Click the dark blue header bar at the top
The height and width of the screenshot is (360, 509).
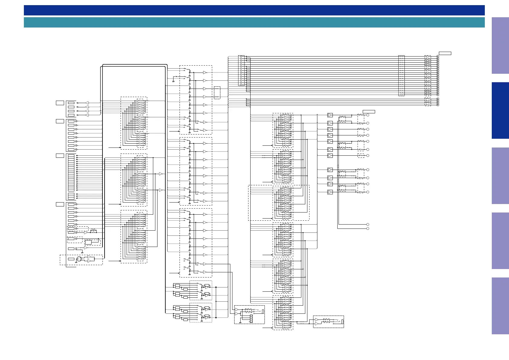coord(254,10)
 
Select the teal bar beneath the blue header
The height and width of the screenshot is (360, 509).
coord(254,22)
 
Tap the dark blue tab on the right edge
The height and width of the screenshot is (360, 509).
coord(500,111)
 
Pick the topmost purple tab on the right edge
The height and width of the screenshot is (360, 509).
coord(500,45)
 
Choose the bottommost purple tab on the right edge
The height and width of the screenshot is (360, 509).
coord(500,306)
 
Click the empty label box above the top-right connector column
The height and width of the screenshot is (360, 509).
coord(445,54)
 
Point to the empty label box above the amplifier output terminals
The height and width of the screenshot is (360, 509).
coord(369,112)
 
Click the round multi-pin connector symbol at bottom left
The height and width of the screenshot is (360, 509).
coord(79,259)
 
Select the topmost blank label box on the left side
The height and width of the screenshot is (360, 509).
coord(60,103)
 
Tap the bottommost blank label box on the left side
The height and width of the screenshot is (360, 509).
coord(60,204)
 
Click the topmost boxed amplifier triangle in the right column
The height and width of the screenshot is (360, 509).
coord(330,115)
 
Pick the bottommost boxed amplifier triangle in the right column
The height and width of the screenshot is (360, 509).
coord(330,192)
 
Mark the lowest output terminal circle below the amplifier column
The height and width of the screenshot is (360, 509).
coord(368,229)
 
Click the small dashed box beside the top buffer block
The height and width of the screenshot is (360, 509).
coord(217,92)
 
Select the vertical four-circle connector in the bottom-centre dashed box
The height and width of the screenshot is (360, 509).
coord(251,319)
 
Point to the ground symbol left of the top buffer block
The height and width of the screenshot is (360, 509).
coord(173,81)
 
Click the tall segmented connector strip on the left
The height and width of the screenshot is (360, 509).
coord(71,173)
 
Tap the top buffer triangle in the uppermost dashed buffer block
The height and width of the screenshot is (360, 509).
coord(205,73)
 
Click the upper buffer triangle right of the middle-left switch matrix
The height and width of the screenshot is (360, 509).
coord(161,174)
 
